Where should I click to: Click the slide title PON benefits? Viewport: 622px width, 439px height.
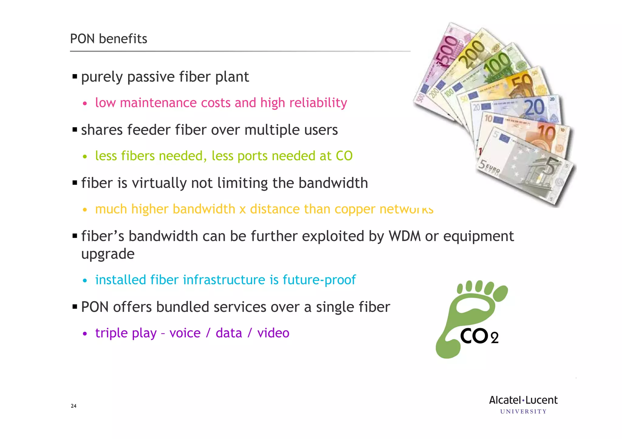pyautogui.click(x=108, y=39)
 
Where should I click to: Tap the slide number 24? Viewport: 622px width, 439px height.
pyautogui.click(x=73, y=406)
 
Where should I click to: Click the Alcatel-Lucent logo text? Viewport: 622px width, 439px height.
pyautogui.click(x=523, y=400)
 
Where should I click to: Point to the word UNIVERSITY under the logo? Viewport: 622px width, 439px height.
pyautogui.click(x=523, y=412)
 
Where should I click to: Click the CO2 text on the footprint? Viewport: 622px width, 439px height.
pyautogui.click(x=479, y=336)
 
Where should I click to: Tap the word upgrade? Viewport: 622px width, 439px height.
pyautogui.click(x=108, y=254)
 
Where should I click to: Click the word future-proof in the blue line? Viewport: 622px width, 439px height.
pyautogui.click(x=319, y=280)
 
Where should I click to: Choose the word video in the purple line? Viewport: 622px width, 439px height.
pyautogui.click(x=273, y=333)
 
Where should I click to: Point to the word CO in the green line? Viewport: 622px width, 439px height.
pyautogui.click(x=344, y=156)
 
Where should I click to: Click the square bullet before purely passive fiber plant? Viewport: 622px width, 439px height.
pyautogui.click(x=75, y=76)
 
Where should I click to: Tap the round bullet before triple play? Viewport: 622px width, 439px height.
pyautogui.click(x=85, y=334)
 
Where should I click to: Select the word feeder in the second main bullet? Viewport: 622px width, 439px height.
pyautogui.click(x=149, y=130)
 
